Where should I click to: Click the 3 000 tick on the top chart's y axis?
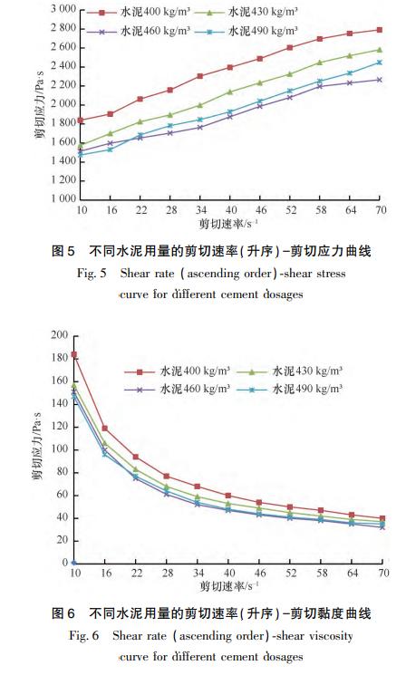point(55,8)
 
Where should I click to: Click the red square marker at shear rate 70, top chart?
point(380,30)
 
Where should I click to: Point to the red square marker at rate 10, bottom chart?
point(73,355)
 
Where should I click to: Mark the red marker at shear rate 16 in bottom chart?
point(105,428)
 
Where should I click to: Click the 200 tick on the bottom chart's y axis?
point(59,335)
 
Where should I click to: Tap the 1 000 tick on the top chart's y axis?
point(55,198)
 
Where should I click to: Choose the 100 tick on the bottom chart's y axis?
point(59,449)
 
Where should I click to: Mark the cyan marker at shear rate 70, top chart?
point(380,63)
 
